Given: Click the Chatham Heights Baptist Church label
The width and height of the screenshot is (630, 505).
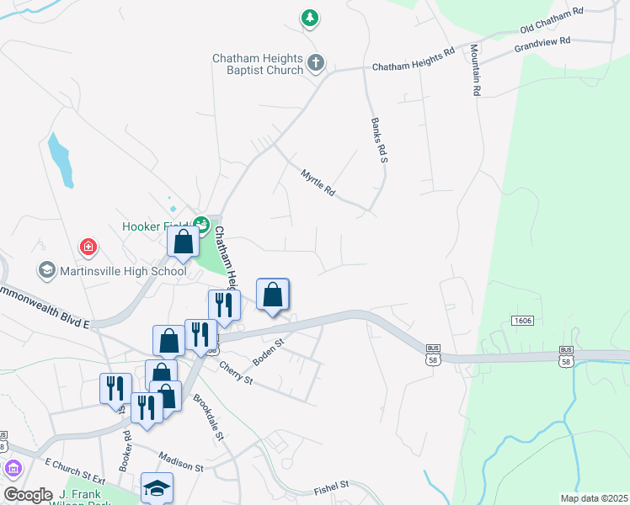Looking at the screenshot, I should pos(257,64).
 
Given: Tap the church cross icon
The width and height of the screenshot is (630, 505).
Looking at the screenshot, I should pos(316,61).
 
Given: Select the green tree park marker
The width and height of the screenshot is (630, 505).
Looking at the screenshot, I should pos(311,17).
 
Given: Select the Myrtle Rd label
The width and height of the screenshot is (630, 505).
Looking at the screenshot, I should pos(318,183).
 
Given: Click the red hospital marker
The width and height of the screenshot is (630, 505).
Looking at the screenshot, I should pos(88,247).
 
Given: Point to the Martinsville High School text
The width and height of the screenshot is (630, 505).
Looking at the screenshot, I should pos(122,271).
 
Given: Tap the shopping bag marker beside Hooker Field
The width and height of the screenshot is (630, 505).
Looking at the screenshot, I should pos(183,242).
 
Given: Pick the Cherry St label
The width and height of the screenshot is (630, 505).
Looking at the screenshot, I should pos(236,373).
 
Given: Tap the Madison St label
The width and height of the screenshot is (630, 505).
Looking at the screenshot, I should pos(182,465).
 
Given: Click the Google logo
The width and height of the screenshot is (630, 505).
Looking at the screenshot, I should pos(28,495).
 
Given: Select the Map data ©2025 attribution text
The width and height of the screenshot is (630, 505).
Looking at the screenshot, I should pos(593,498).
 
